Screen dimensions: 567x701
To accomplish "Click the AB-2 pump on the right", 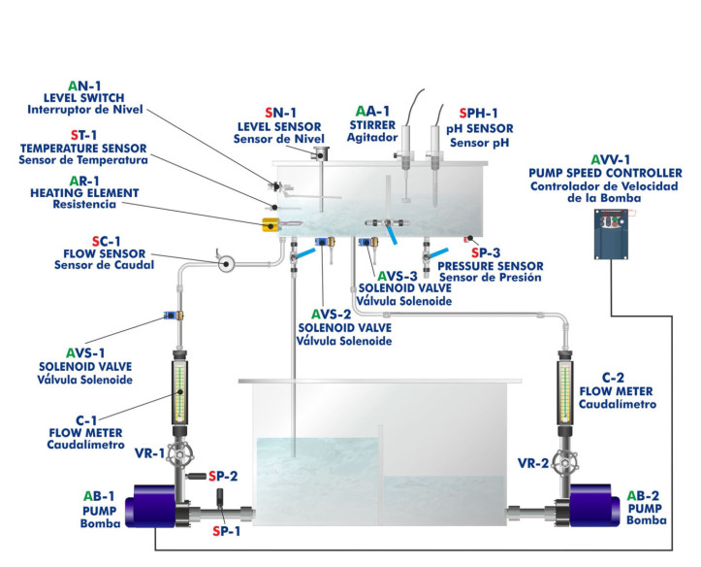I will (593, 507).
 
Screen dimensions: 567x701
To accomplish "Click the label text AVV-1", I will (610, 159).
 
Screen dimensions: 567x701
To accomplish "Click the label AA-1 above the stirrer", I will (373, 112).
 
